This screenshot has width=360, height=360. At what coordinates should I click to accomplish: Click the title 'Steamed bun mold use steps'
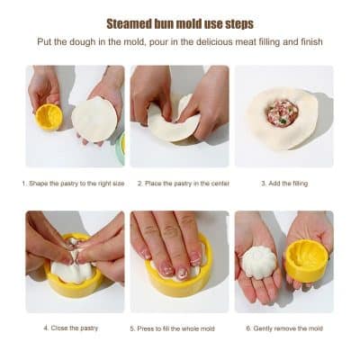tap(180, 23)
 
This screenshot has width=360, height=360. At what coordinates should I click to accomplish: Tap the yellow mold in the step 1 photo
tap(49, 117)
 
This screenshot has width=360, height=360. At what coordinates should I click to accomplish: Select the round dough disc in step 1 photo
tap(94, 119)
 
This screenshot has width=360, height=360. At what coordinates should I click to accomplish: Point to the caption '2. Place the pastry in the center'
tap(183, 184)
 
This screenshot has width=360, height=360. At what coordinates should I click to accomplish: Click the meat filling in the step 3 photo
tap(281, 112)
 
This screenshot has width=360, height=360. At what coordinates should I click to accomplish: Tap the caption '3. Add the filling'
tap(284, 184)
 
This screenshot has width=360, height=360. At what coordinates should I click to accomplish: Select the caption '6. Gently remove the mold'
tap(284, 328)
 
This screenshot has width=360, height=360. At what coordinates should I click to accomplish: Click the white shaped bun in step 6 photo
tap(261, 263)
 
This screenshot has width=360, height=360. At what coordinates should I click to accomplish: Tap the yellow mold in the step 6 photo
tap(307, 260)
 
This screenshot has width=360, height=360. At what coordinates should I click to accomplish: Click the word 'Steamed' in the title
tap(131, 23)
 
